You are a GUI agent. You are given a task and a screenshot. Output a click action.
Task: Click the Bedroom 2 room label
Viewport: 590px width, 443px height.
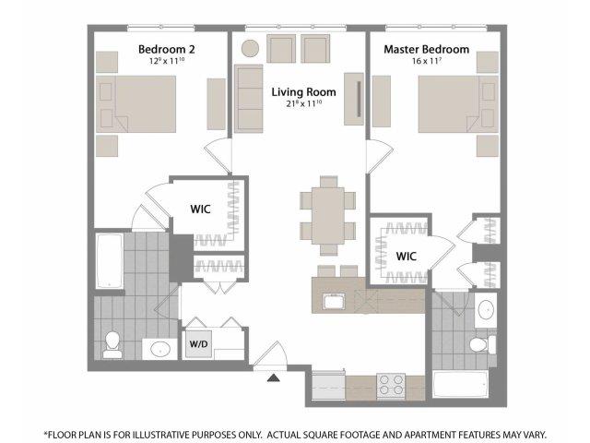click(x=166, y=49)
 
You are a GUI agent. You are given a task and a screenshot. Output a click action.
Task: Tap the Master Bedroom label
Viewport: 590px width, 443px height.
click(x=426, y=49)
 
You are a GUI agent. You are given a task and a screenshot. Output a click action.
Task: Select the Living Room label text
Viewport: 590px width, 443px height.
click(x=303, y=92)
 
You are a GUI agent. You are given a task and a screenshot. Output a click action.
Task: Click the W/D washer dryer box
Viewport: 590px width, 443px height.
click(x=198, y=344)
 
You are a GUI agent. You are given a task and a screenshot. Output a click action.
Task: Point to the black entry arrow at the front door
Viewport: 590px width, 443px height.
click(x=274, y=377)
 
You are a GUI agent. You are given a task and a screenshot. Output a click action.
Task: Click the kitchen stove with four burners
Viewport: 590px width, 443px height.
click(x=391, y=386)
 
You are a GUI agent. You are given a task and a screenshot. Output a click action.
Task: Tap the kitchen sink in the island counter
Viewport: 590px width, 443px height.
click(x=334, y=302)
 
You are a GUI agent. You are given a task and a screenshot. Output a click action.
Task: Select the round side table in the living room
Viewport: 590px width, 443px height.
click(x=250, y=49)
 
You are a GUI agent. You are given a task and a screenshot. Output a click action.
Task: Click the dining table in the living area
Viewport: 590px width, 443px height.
click(x=328, y=215)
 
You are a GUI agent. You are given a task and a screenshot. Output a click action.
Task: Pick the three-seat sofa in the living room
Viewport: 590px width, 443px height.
click(x=248, y=99)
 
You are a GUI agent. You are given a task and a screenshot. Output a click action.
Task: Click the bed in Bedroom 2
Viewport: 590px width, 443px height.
click(x=136, y=104)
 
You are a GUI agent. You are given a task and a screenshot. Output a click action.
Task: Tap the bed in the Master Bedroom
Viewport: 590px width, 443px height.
click(x=458, y=104)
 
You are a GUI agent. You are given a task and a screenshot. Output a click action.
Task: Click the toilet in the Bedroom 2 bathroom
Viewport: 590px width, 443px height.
click(x=112, y=344)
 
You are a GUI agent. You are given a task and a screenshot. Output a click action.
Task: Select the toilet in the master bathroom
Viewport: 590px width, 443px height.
click(x=482, y=344)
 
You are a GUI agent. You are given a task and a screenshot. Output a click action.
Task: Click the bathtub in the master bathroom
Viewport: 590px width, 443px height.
click(x=461, y=384)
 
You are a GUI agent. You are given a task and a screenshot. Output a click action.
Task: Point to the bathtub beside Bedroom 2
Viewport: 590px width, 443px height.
click(x=110, y=260)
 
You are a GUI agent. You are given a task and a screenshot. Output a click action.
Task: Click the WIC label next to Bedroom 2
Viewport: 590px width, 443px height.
click(x=200, y=210)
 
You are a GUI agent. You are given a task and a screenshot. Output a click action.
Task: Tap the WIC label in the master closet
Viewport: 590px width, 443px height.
click(x=406, y=257)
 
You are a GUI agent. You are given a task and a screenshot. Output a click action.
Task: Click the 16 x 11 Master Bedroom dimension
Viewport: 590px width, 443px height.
click(x=426, y=61)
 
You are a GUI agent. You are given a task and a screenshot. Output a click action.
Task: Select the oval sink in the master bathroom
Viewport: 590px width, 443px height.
click(x=486, y=310)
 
